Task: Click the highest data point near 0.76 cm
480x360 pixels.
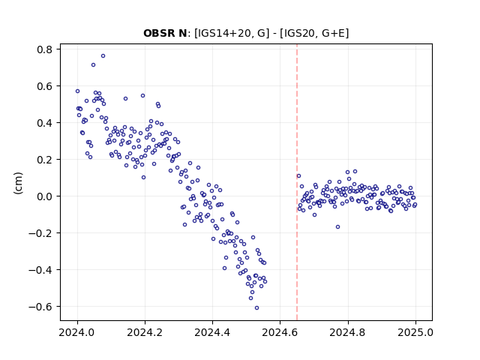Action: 103,55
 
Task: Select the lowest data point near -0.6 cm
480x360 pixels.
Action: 256,307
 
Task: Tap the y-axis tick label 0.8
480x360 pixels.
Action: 45,49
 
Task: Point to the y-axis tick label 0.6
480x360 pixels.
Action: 45,86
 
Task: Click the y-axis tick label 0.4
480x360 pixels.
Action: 45,123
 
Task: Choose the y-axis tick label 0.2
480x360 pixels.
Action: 45,160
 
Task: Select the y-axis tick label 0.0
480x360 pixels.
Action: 45,196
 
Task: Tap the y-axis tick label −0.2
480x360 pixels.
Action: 40,233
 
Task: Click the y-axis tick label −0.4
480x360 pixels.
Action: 40,270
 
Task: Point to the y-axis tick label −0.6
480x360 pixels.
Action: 40,307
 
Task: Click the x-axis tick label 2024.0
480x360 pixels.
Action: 77,332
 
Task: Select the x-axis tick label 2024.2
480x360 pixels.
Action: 145,332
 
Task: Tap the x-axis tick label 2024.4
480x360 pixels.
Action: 212,332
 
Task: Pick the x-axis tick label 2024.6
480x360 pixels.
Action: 280,332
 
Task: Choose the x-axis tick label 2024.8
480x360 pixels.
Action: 348,332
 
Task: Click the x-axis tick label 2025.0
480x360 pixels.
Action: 415,332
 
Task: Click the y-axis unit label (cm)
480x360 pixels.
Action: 18,183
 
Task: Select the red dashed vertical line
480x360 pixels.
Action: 297,182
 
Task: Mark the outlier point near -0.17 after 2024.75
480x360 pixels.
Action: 337,226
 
